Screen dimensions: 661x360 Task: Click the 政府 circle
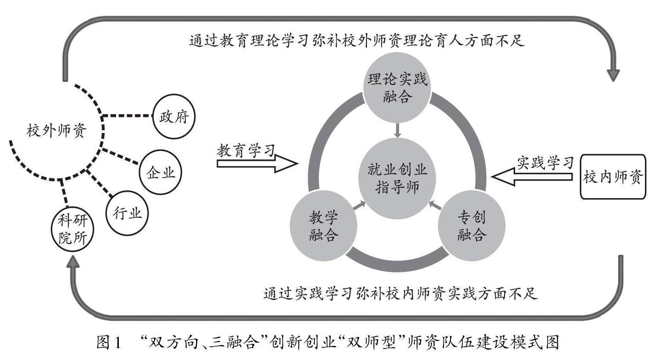[x=174, y=116]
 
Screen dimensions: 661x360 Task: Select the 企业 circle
[x=160, y=172]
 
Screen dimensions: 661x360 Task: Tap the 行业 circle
[x=127, y=213]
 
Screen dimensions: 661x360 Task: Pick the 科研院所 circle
[x=72, y=229]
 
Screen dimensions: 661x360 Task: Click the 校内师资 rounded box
[x=613, y=177]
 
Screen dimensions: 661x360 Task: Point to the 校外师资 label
[x=56, y=130]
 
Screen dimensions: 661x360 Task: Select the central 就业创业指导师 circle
[x=397, y=178]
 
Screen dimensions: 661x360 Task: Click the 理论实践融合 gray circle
[x=397, y=88]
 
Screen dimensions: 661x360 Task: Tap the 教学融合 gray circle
[x=324, y=226]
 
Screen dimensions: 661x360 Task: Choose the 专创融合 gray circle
[x=472, y=226]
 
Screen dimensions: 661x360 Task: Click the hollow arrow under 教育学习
[x=257, y=163]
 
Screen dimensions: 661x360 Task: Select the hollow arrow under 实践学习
[x=532, y=177]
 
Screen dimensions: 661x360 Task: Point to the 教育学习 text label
[x=246, y=151]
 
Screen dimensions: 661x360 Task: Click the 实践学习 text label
[x=545, y=163]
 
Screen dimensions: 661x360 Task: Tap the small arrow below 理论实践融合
[x=398, y=130]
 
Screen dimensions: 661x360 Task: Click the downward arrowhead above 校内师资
[x=613, y=75]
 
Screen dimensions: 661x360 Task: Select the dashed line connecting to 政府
[x=127, y=116]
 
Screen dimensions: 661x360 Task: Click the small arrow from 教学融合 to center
[x=359, y=205]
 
